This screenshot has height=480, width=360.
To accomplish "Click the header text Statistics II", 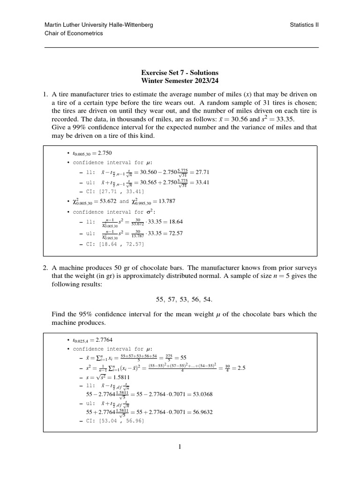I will pyautogui.click(x=304, y=25).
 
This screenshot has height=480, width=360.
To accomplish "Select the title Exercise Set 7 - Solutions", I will pyautogui.click(x=180, y=73).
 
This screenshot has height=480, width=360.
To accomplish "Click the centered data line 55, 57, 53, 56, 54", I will pyautogui.click(x=180, y=299).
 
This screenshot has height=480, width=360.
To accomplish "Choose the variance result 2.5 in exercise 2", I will pyautogui.click(x=241, y=367).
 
